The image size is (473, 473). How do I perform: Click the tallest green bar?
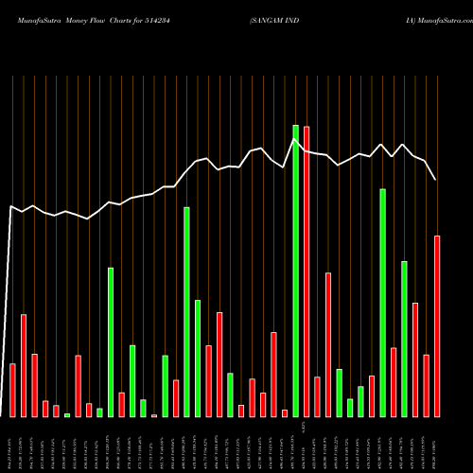click(296, 271)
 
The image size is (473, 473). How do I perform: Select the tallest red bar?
click(307, 272)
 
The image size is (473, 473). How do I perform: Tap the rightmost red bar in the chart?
click(437, 326)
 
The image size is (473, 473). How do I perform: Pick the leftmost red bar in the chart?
click(12, 390)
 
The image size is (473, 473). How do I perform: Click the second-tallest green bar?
click(383, 303)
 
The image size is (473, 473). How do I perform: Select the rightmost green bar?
click(405, 339)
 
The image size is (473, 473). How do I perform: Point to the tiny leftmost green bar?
click(67, 414)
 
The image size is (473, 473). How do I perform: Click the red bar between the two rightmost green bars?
click(394, 382)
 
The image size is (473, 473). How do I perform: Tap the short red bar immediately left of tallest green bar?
click(285, 412)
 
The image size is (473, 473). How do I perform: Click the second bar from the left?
click(24, 365)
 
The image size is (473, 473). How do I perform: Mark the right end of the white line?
click(436, 180)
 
